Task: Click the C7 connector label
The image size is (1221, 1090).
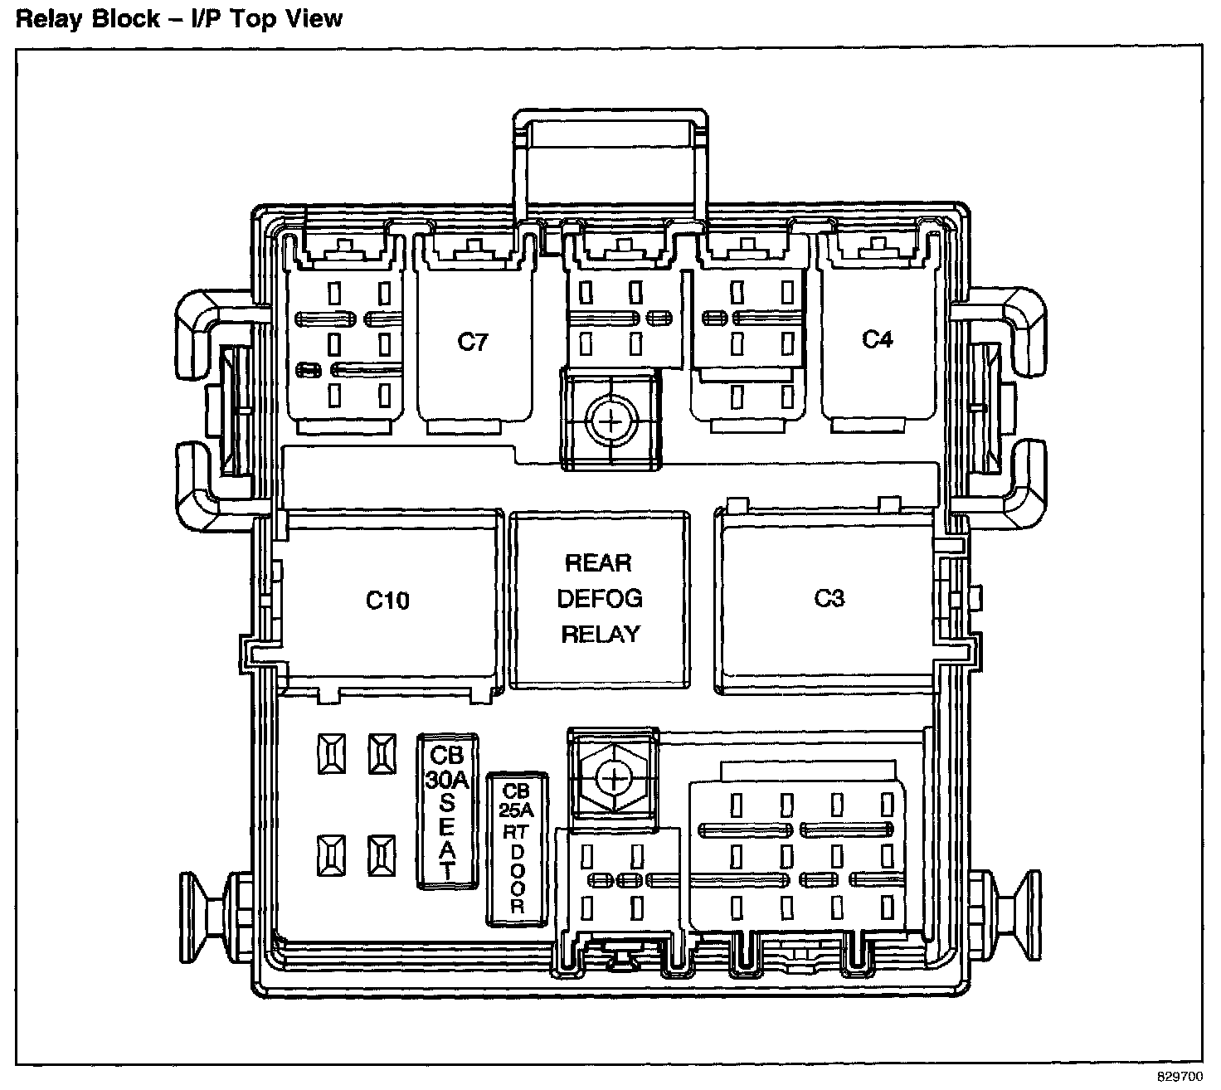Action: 473,342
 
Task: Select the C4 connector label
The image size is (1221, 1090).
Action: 877,339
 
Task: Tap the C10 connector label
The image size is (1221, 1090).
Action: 387,600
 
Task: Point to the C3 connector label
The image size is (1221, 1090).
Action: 829,598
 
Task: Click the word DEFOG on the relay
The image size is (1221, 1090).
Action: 600,598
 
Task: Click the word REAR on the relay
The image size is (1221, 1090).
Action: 598,563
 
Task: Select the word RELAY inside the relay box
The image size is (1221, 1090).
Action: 601,635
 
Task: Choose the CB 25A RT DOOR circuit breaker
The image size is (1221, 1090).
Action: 517,849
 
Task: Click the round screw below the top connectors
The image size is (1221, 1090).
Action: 611,421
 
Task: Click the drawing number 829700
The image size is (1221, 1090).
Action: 1179,1077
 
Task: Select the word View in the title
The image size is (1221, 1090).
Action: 314,18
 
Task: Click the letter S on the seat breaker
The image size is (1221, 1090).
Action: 448,801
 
